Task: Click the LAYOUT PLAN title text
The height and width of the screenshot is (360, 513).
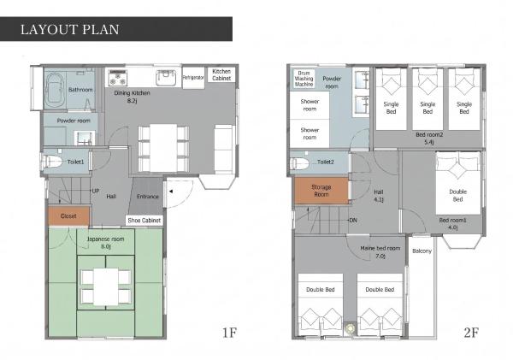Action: coord(70,29)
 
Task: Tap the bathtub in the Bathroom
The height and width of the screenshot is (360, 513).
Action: coord(55,89)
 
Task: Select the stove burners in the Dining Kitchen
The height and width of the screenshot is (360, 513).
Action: coord(117,78)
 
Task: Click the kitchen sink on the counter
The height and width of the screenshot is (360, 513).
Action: coord(166,78)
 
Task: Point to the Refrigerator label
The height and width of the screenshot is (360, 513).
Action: coord(193,78)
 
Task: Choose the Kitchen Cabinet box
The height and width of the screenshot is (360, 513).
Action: coord(221,75)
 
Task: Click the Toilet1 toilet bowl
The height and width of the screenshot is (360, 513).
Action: coord(52,162)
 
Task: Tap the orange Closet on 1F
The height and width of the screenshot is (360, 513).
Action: coord(68,216)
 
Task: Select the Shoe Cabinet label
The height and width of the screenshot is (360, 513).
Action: coord(144,221)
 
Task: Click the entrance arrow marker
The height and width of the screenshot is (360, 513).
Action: coord(170,192)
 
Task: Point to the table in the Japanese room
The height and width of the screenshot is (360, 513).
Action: coord(106,286)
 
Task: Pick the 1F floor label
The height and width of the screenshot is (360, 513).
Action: coord(229,333)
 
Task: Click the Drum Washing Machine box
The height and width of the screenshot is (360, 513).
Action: coord(304,79)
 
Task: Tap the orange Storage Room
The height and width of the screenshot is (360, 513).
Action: coord(321,191)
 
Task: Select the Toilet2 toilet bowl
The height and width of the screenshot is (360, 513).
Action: coord(299,162)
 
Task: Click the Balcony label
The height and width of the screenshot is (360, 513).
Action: coord(422,251)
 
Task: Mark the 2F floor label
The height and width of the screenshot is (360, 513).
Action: coord(471,333)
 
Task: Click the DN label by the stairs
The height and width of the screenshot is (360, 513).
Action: coord(353,221)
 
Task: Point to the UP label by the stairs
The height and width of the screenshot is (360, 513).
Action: coord(96,191)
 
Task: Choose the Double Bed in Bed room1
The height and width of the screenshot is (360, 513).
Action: coord(458,183)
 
